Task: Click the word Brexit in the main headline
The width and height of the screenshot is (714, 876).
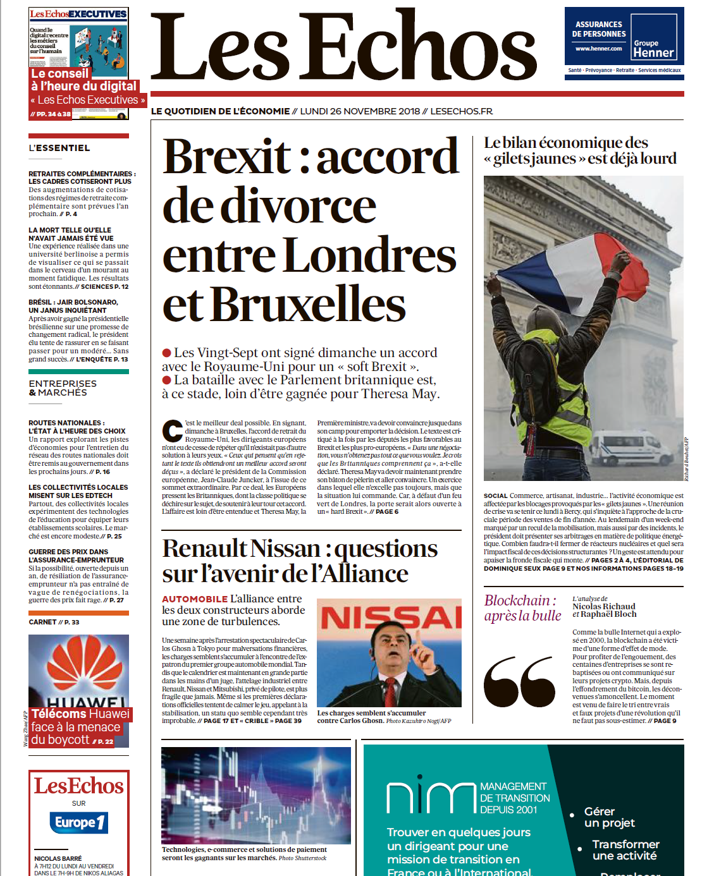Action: (227, 157)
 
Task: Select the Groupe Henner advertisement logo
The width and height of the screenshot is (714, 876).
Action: (653, 49)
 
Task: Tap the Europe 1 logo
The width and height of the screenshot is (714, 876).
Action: (78, 822)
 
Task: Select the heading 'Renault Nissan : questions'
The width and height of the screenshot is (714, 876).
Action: (300, 549)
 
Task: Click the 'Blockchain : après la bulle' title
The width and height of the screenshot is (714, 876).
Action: (522, 608)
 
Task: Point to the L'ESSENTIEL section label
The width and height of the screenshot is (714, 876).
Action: (59, 148)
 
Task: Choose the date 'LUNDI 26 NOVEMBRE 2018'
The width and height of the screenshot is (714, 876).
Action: (360, 111)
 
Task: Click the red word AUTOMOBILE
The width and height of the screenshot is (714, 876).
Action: (194, 599)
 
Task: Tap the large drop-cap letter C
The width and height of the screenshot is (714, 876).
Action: (172, 431)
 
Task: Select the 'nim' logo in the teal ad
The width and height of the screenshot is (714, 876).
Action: (429, 797)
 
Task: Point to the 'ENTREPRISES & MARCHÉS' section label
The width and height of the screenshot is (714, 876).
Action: (63, 388)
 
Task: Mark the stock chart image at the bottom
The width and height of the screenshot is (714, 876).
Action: (255, 794)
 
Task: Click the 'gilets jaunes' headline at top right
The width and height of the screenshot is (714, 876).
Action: (579, 150)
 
